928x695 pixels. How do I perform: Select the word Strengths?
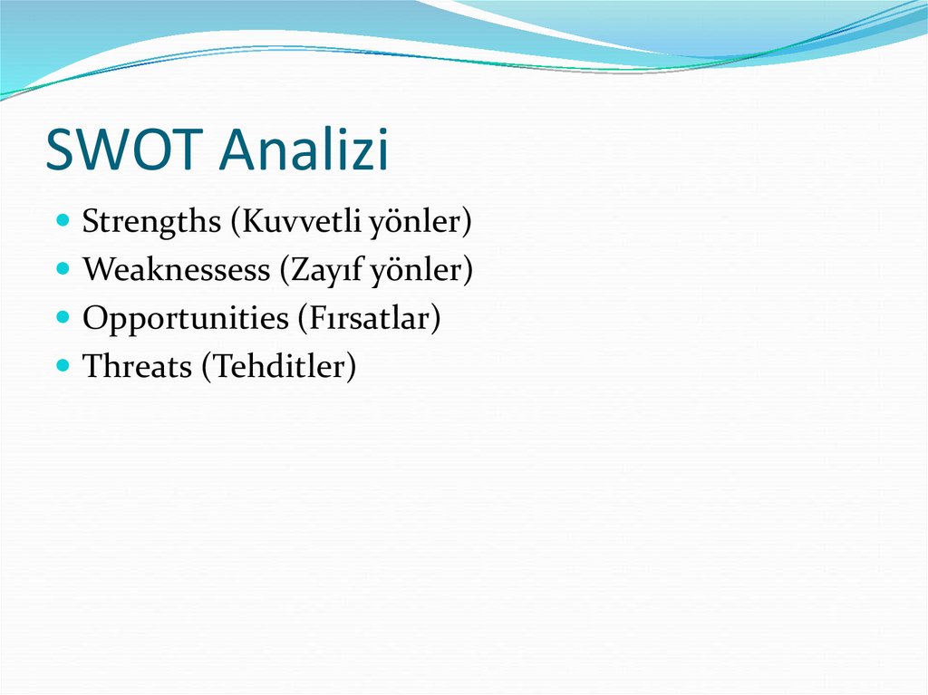coord(151,222)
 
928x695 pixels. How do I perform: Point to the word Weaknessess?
coord(176,269)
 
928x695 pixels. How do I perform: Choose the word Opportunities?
coord(185,319)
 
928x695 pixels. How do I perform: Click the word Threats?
coord(137,366)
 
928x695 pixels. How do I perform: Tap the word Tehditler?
coord(279,366)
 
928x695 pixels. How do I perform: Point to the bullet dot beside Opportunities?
coord(63,317)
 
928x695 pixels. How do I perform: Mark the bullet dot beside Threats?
coord(63,364)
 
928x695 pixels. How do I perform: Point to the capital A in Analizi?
coord(238,149)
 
